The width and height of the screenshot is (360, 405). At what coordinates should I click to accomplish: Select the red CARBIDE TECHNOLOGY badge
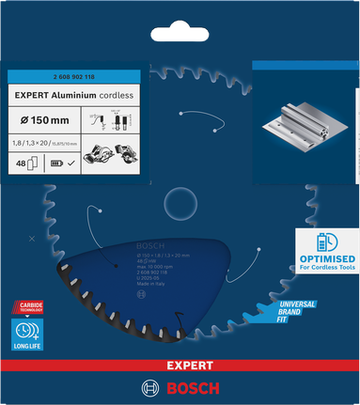point(26,307)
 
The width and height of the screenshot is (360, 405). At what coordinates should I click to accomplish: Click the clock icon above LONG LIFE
point(25,329)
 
